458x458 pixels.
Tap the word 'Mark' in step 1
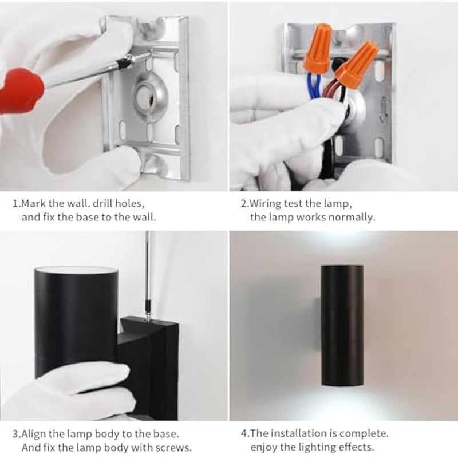pos(34,203)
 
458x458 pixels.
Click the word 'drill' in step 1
pos(102,203)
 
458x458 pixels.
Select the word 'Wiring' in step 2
pos(266,204)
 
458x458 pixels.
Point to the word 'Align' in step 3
pos(34,434)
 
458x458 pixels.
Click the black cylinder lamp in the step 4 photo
pos(342,326)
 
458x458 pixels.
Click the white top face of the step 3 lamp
pos(77,271)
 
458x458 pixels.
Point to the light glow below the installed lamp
pos(342,402)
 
